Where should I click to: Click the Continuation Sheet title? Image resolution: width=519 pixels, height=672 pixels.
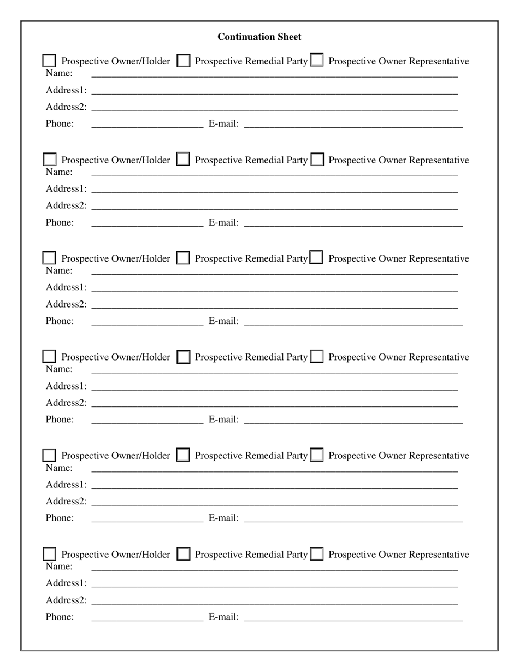coord(259,37)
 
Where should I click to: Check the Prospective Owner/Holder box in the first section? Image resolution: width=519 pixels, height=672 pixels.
coord(49,61)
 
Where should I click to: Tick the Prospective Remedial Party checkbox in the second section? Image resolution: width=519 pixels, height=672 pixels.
coord(184,160)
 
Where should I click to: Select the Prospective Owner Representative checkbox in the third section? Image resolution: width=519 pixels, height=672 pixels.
coord(316,258)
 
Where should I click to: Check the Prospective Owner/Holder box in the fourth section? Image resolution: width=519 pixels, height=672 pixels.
coord(49,357)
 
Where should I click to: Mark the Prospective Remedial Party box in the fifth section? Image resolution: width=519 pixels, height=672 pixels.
coord(184,455)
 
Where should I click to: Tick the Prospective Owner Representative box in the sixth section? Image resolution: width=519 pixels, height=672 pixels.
coord(316,554)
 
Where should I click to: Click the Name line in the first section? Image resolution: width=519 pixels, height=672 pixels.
coord(274,74)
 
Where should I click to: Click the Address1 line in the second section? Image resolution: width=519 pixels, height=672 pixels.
coord(274,189)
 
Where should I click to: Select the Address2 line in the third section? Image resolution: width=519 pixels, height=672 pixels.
coord(274,304)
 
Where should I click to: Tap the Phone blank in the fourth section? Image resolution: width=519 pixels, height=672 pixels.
coord(147,420)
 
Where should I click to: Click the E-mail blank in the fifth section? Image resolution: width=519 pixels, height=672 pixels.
coord(353,518)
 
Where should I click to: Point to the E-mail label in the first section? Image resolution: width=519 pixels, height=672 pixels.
coord(223,123)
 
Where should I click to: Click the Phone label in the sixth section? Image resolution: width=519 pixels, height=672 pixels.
coord(60,617)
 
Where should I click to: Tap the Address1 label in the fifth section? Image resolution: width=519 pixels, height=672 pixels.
coord(66,485)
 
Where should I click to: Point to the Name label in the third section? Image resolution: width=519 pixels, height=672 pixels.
coord(59,270)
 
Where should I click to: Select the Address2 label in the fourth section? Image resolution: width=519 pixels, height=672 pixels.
coord(66,403)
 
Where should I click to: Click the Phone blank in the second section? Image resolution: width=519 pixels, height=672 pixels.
coord(147,222)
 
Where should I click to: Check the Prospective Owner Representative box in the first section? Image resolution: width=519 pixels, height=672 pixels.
coord(316,61)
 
